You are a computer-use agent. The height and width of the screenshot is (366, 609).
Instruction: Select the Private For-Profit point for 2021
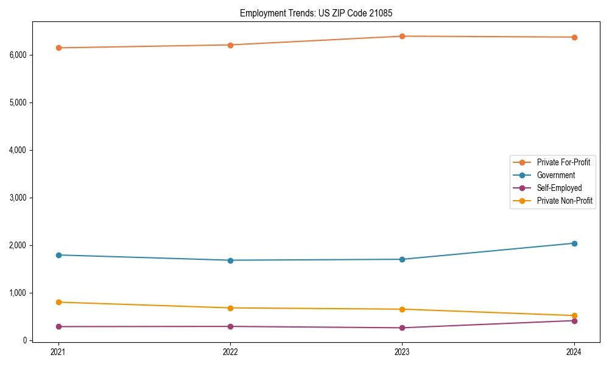(x=58, y=48)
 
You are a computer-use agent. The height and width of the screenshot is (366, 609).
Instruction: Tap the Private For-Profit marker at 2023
(x=402, y=36)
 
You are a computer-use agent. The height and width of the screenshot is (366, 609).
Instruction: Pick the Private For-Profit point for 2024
(x=574, y=37)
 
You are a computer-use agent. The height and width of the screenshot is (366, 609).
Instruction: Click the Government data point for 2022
(x=230, y=260)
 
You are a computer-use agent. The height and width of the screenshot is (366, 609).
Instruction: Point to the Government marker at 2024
(x=574, y=243)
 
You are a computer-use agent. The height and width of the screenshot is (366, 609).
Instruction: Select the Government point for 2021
(x=58, y=255)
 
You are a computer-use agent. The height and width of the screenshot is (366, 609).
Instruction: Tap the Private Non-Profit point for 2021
(x=58, y=302)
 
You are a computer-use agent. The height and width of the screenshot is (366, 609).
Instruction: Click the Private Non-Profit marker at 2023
(x=402, y=309)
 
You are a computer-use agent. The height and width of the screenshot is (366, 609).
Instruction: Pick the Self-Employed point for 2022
(x=230, y=326)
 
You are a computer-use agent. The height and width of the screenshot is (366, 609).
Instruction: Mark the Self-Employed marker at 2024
(x=574, y=321)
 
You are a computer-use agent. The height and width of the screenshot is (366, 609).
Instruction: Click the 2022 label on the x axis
(x=230, y=351)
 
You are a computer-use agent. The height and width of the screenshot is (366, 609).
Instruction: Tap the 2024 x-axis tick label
(x=574, y=351)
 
